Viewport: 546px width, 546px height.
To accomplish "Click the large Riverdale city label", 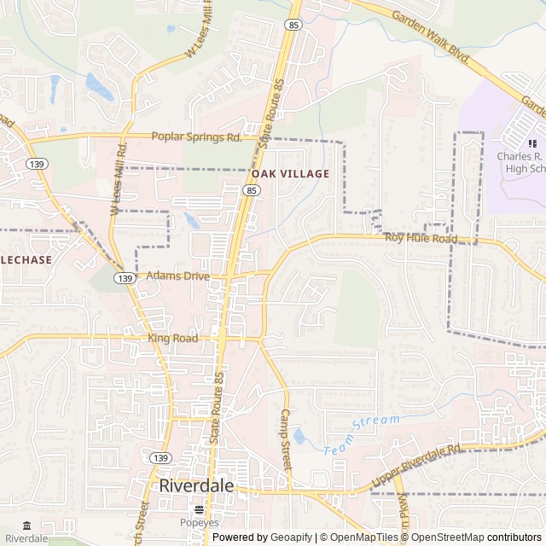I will tap(196, 485).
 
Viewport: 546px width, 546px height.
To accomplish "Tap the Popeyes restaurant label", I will tap(199, 523).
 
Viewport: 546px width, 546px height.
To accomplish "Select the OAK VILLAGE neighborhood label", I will tap(289, 174).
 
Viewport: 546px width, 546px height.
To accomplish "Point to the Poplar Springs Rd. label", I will tap(196, 136).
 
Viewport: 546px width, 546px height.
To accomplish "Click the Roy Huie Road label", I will tap(420, 239).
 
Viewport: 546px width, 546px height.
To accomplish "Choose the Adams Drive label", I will tap(177, 276).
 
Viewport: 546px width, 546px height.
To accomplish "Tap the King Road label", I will tap(172, 339).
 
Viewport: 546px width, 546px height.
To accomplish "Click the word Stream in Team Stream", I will tap(375, 421).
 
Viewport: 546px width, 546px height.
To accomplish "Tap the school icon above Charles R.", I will tap(532, 143).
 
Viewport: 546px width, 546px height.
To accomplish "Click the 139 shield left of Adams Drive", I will tap(125, 278).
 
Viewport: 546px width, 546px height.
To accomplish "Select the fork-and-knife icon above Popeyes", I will tap(199, 509).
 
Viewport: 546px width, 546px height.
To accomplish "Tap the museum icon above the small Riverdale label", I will tap(26, 526).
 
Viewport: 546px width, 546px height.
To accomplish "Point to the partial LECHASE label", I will tap(26, 259).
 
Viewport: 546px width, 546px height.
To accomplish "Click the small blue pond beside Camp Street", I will tap(299, 437).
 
